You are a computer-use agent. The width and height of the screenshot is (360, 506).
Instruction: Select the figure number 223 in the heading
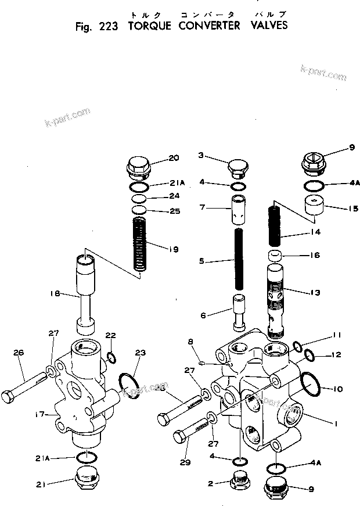click(x=105, y=26)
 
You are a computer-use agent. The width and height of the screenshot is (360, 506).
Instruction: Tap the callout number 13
click(x=314, y=292)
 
